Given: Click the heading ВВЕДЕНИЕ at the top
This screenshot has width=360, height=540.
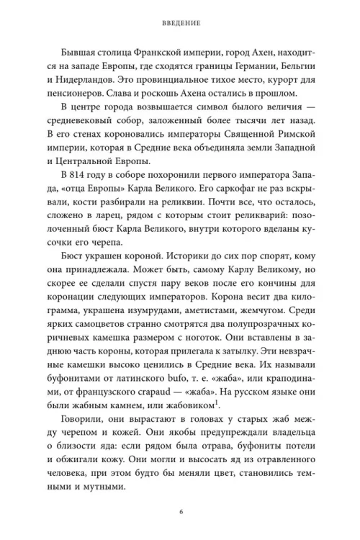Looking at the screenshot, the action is click(180, 22).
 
